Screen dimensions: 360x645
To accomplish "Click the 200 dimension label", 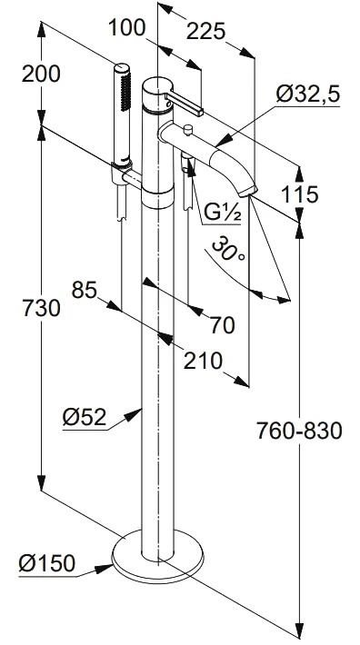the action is (x=41, y=74).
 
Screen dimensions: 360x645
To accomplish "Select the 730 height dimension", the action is (x=41, y=308).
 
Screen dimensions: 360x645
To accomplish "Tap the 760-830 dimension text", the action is (x=299, y=432).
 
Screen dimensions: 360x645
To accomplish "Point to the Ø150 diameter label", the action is (x=47, y=562).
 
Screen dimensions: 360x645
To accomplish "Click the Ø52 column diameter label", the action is (x=85, y=418).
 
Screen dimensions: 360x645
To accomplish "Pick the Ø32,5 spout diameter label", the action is (x=308, y=94).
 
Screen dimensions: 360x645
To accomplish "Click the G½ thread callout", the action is (x=222, y=213).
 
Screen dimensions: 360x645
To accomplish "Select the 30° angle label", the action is (x=228, y=249).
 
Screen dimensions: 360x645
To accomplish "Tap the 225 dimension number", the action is (x=205, y=32).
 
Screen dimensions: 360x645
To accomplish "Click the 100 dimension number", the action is (x=126, y=28).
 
